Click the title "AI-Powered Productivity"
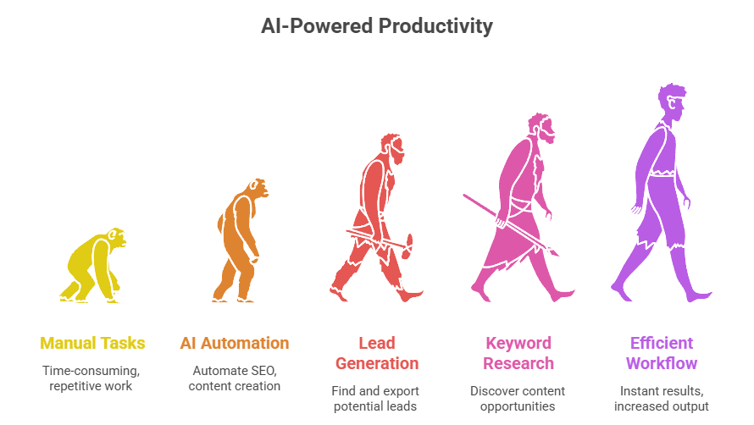(376, 26)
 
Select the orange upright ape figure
(239, 240)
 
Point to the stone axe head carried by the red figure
(407, 246)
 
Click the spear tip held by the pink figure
(553, 251)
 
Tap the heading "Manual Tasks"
(92, 343)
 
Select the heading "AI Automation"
(235, 343)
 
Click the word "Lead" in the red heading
(377, 343)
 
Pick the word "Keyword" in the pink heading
(518, 343)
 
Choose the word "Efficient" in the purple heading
(662, 343)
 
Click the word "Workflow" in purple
(662, 363)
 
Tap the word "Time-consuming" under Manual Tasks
(91, 371)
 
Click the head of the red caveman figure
(392, 148)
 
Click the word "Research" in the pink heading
(518, 363)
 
